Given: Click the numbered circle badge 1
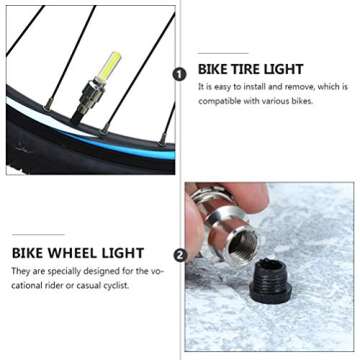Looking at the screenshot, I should (180, 74).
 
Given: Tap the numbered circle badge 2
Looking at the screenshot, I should (180, 255).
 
